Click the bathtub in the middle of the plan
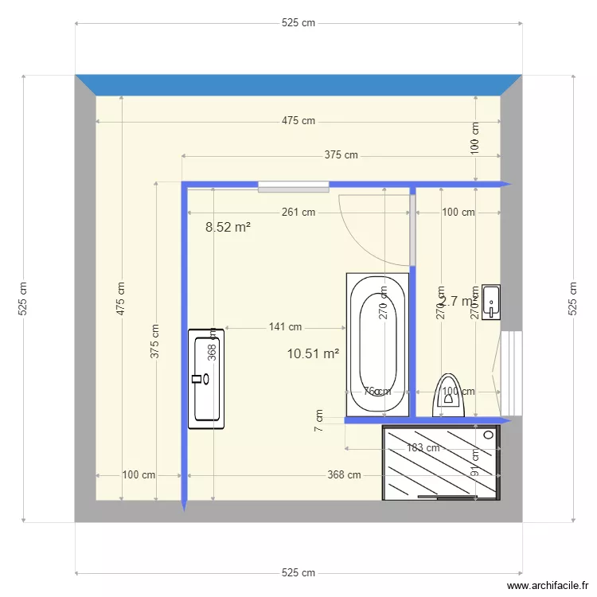click(x=378, y=344)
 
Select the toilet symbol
click(x=449, y=396)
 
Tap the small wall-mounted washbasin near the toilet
click(x=491, y=301)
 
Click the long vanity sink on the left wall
click(x=206, y=379)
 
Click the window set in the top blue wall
click(x=293, y=186)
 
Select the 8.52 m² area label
click(x=228, y=227)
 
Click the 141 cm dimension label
click(x=285, y=327)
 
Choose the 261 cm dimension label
click(x=298, y=213)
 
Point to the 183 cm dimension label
click(x=423, y=448)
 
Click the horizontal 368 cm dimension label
click(x=344, y=475)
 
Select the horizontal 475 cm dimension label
click(x=298, y=121)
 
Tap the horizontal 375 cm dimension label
click(x=341, y=155)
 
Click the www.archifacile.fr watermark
click(x=539, y=587)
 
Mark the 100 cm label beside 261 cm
click(x=458, y=213)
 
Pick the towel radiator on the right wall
click(x=511, y=373)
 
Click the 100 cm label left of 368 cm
click(x=139, y=475)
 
